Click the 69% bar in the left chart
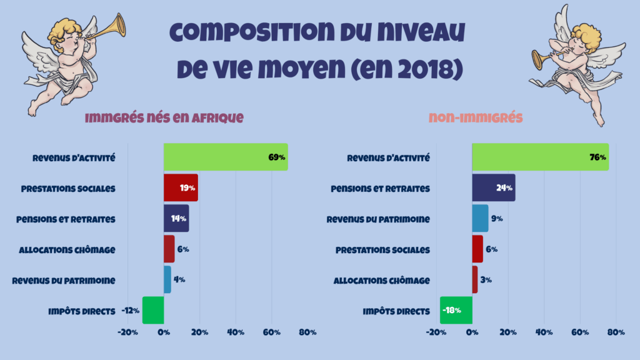point(225,157)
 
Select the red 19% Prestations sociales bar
point(180,187)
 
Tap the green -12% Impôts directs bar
point(153,310)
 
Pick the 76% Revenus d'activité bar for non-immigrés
point(539,157)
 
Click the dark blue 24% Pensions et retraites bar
point(493,187)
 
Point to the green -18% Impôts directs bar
point(456,310)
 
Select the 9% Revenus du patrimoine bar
point(480,218)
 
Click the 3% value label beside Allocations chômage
point(486,279)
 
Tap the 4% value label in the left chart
point(179,279)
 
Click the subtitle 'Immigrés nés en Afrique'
point(163,117)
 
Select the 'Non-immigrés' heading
point(476,117)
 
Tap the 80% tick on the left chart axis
point(307,332)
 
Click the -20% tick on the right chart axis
point(436,332)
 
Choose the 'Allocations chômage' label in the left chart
point(67,249)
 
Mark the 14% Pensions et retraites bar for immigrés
point(176,218)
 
